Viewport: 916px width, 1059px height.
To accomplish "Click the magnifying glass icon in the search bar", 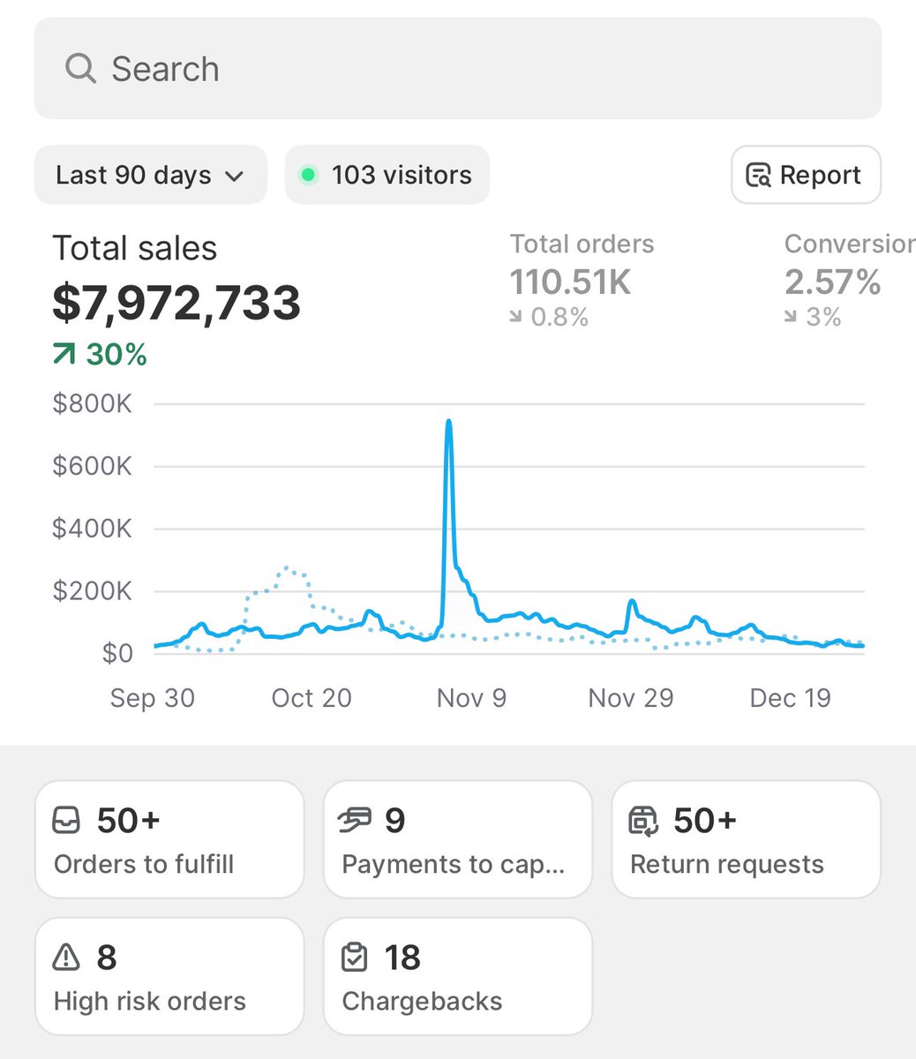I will (x=80, y=68).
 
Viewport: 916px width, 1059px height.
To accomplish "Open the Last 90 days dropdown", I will (x=150, y=175).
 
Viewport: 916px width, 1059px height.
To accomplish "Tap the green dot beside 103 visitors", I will (x=308, y=175).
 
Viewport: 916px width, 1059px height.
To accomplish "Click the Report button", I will (x=805, y=175).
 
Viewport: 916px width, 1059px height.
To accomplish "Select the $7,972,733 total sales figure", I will (x=176, y=303).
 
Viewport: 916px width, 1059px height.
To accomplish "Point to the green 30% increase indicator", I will (x=100, y=355).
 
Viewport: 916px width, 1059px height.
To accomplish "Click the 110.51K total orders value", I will (x=570, y=282).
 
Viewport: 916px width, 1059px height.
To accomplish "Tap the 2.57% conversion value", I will (x=832, y=282).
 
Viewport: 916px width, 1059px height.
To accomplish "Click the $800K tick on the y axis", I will (x=92, y=404).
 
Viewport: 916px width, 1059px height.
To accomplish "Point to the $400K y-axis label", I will (x=92, y=529).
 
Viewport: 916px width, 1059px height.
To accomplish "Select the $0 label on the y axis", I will (x=116, y=653).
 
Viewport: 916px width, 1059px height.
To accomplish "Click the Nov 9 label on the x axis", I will (x=471, y=698).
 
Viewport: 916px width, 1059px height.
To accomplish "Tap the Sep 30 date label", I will (x=152, y=698).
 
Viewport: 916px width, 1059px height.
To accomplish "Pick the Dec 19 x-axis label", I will (x=790, y=698).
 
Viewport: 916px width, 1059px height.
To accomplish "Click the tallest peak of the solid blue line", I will (x=449, y=422).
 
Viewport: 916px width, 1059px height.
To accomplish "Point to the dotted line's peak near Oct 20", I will (x=288, y=567).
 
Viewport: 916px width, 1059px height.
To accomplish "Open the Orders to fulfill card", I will (x=169, y=839).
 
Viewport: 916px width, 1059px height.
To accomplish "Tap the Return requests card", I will (x=745, y=839).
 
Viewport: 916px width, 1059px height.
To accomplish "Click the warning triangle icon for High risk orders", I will (x=66, y=957).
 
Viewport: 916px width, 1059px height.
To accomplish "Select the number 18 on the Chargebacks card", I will (x=402, y=958).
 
